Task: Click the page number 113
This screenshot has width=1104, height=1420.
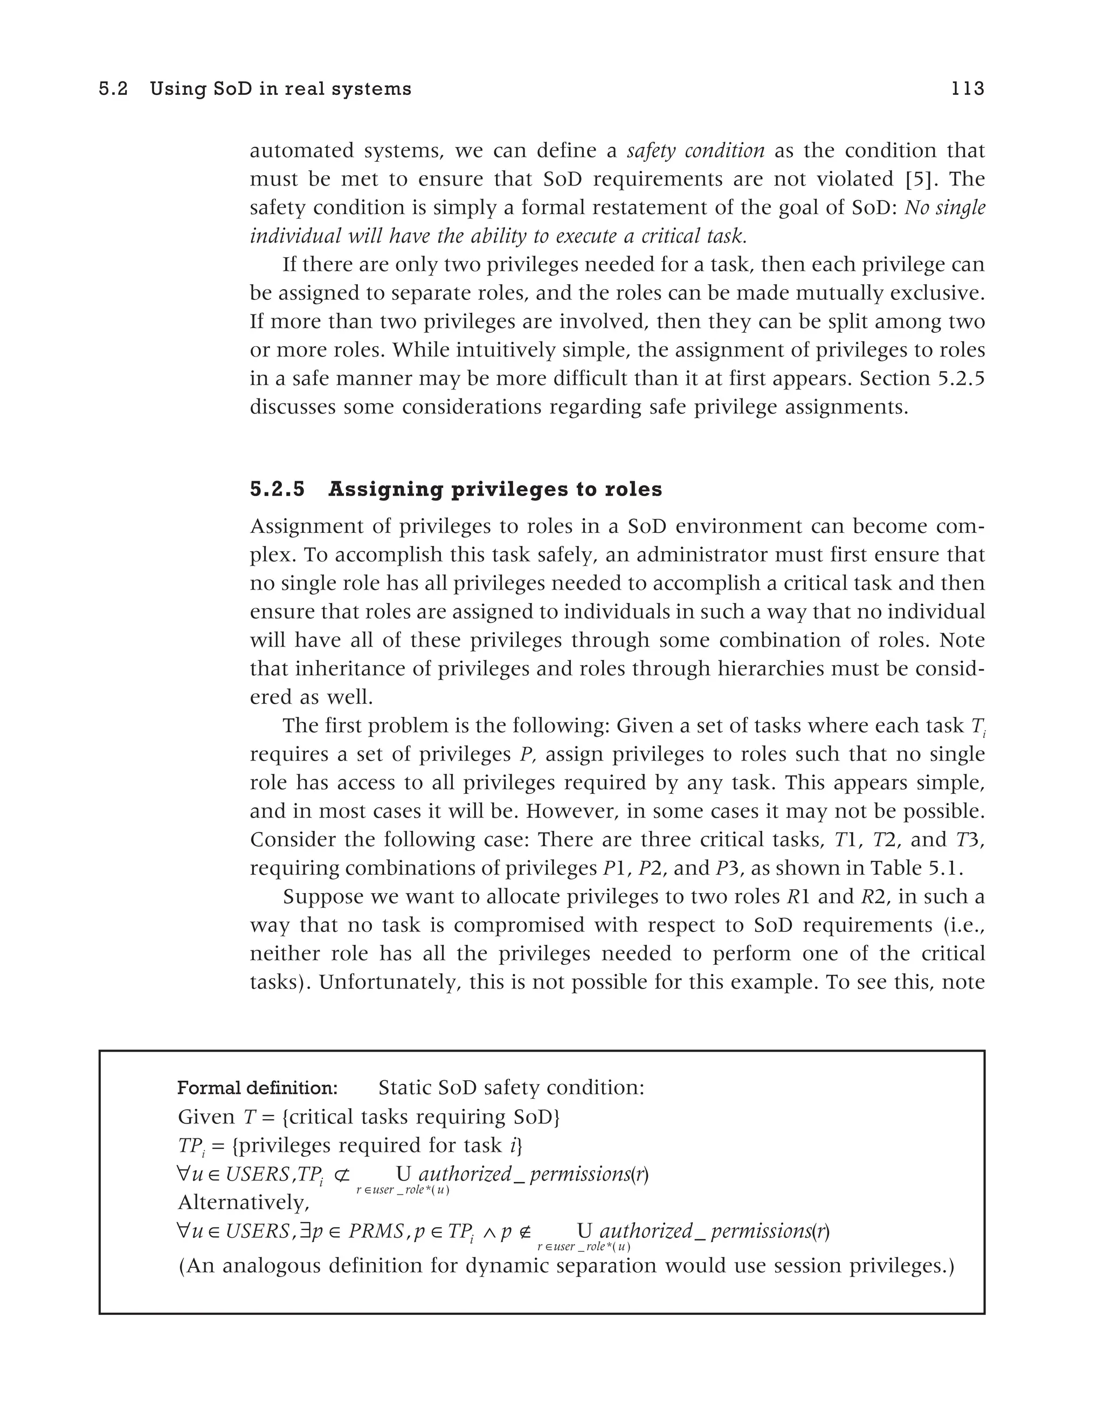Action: coord(968,88)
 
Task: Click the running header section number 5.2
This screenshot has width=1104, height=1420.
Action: coord(113,88)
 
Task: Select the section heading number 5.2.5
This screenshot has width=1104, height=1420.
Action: coord(278,489)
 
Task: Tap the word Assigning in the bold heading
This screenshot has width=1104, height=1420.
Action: coord(383,489)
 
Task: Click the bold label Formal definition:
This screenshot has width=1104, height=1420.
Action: coord(257,1088)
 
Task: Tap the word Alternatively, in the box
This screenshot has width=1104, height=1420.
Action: coord(244,1203)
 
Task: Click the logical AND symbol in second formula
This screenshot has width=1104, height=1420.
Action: coord(488,1231)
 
